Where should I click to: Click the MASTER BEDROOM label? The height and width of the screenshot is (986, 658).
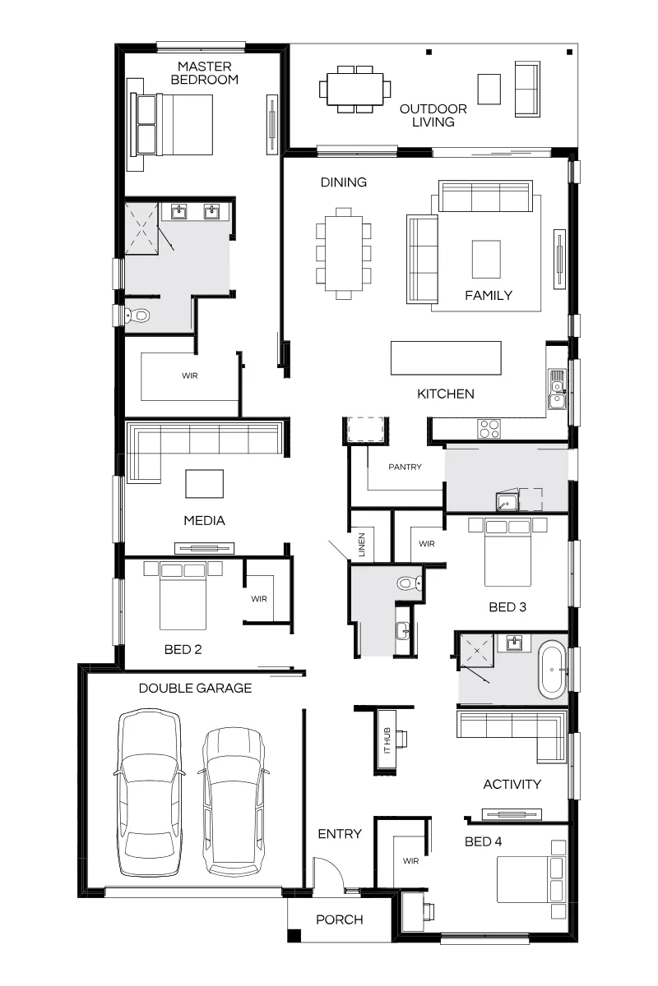205,73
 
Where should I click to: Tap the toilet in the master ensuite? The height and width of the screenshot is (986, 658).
137,315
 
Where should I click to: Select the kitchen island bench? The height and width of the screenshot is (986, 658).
446,358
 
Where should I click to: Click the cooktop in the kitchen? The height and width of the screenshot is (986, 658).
489,428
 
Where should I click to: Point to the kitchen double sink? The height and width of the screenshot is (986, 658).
557,389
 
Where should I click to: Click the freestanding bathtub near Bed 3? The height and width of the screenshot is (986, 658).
552,670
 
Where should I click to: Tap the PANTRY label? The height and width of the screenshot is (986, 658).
405,467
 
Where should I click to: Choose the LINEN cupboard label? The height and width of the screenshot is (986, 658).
362,545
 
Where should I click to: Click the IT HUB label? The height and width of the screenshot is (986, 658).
387,740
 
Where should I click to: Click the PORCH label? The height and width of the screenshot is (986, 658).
340,919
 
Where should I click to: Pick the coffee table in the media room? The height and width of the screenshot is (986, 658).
204,484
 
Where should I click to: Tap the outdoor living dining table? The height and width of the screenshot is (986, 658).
354,90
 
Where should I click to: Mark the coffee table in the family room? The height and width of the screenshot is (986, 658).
486,260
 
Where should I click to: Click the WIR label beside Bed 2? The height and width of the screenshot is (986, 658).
259,599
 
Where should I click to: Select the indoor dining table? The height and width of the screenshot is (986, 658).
344,253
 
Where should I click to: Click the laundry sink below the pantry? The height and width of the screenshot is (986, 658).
507,502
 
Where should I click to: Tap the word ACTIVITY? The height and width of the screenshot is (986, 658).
512,784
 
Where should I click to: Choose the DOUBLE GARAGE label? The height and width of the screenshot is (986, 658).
195,688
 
